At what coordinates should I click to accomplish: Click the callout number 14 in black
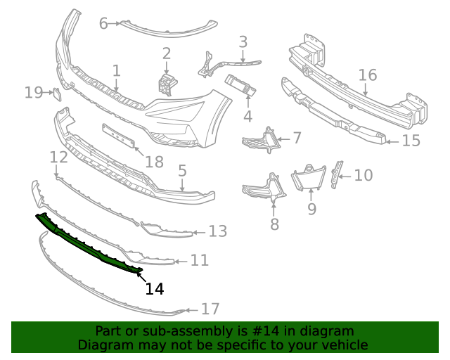tap(155, 288)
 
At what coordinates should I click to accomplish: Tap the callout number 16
tap(367, 75)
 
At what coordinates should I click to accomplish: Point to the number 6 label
tap(103, 23)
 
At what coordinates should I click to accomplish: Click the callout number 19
tap(34, 92)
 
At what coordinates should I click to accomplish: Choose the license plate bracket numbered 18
tap(119, 136)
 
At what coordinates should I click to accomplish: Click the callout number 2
tap(167, 53)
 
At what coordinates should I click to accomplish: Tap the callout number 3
tap(243, 41)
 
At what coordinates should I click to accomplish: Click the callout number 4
tap(247, 116)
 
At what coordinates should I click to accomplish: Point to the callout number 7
tap(297, 138)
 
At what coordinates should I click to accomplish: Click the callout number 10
tap(363, 174)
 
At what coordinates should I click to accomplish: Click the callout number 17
tap(210, 309)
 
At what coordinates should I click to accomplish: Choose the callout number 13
tap(218, 231)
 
